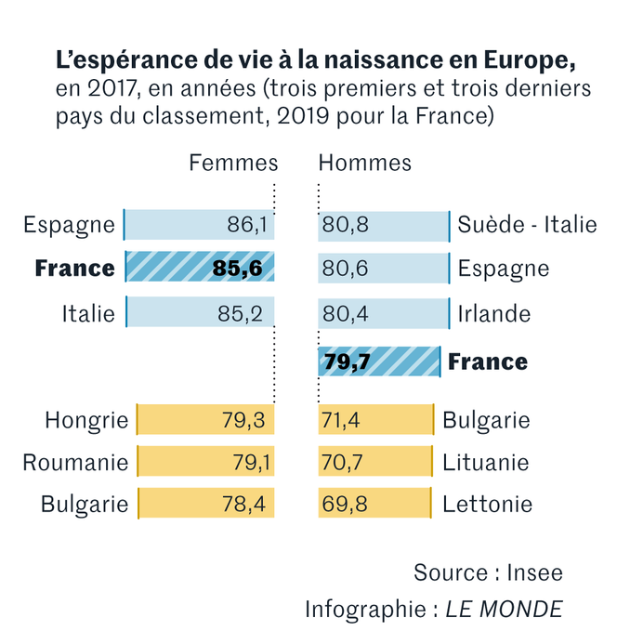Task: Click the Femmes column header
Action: pos(233,163)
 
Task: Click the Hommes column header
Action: pos(364,163)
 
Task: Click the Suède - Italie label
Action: pos(527,225)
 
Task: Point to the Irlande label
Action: pos(493,313)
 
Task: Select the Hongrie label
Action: pos(86,420)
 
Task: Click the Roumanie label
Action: pos(75,462)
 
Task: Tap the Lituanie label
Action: pos(485,462)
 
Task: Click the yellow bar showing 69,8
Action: pos(374,504)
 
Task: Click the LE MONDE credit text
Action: pos(504,610)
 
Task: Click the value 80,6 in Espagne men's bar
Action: pos(343,269)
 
